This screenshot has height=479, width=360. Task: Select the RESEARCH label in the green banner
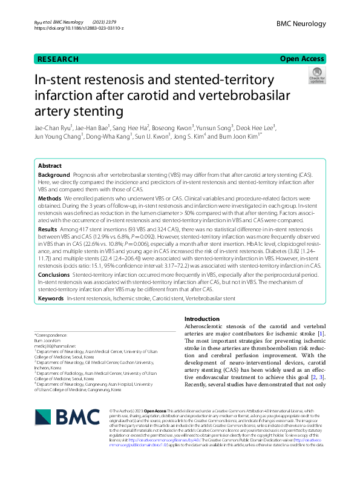[57, 59]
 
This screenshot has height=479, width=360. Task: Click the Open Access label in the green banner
[301, 59]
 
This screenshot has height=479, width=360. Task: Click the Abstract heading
[50, 165]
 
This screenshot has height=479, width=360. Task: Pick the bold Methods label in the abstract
[50, 198]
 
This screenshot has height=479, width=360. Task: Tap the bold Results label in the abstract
[48, 231]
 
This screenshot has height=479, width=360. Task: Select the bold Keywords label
[51, 299]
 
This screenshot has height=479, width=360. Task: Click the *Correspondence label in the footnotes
[51, 335]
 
